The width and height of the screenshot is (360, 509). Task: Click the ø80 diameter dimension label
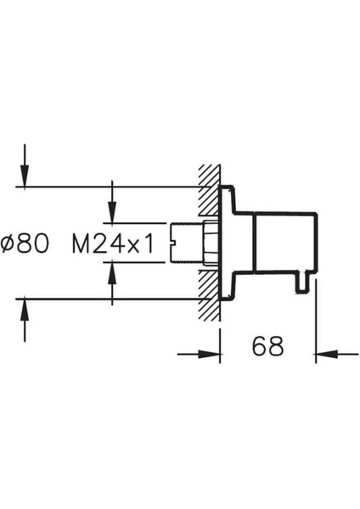(x=25, y=243)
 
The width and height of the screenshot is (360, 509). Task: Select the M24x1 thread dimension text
(x=112, y=243)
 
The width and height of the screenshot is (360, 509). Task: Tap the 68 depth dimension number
(x=267, y=346)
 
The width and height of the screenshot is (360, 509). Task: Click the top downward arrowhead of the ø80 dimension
(x=25, y=176)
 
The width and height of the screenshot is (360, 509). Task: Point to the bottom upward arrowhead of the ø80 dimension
(x=25, y=310)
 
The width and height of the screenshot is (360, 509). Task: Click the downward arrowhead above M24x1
(x=112, y=212)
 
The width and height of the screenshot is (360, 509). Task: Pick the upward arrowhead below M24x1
(x=112, y=272)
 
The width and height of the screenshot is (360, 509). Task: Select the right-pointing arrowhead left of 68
(x=209, y=354)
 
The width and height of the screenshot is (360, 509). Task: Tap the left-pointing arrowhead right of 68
(x=327, y=354)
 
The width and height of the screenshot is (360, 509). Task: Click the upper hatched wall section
(x=211, y=191)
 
